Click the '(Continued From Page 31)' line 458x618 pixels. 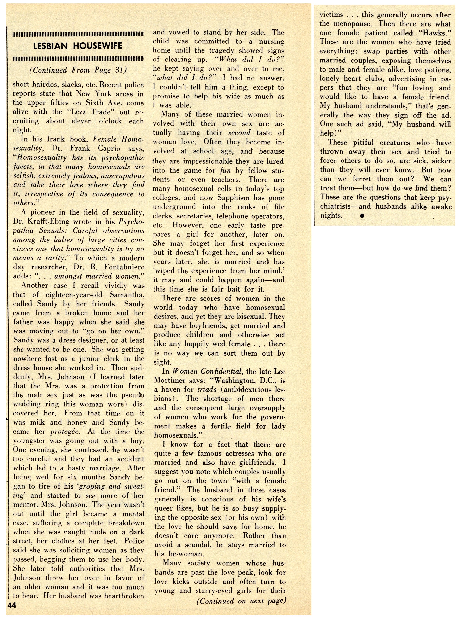point(78,70)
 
